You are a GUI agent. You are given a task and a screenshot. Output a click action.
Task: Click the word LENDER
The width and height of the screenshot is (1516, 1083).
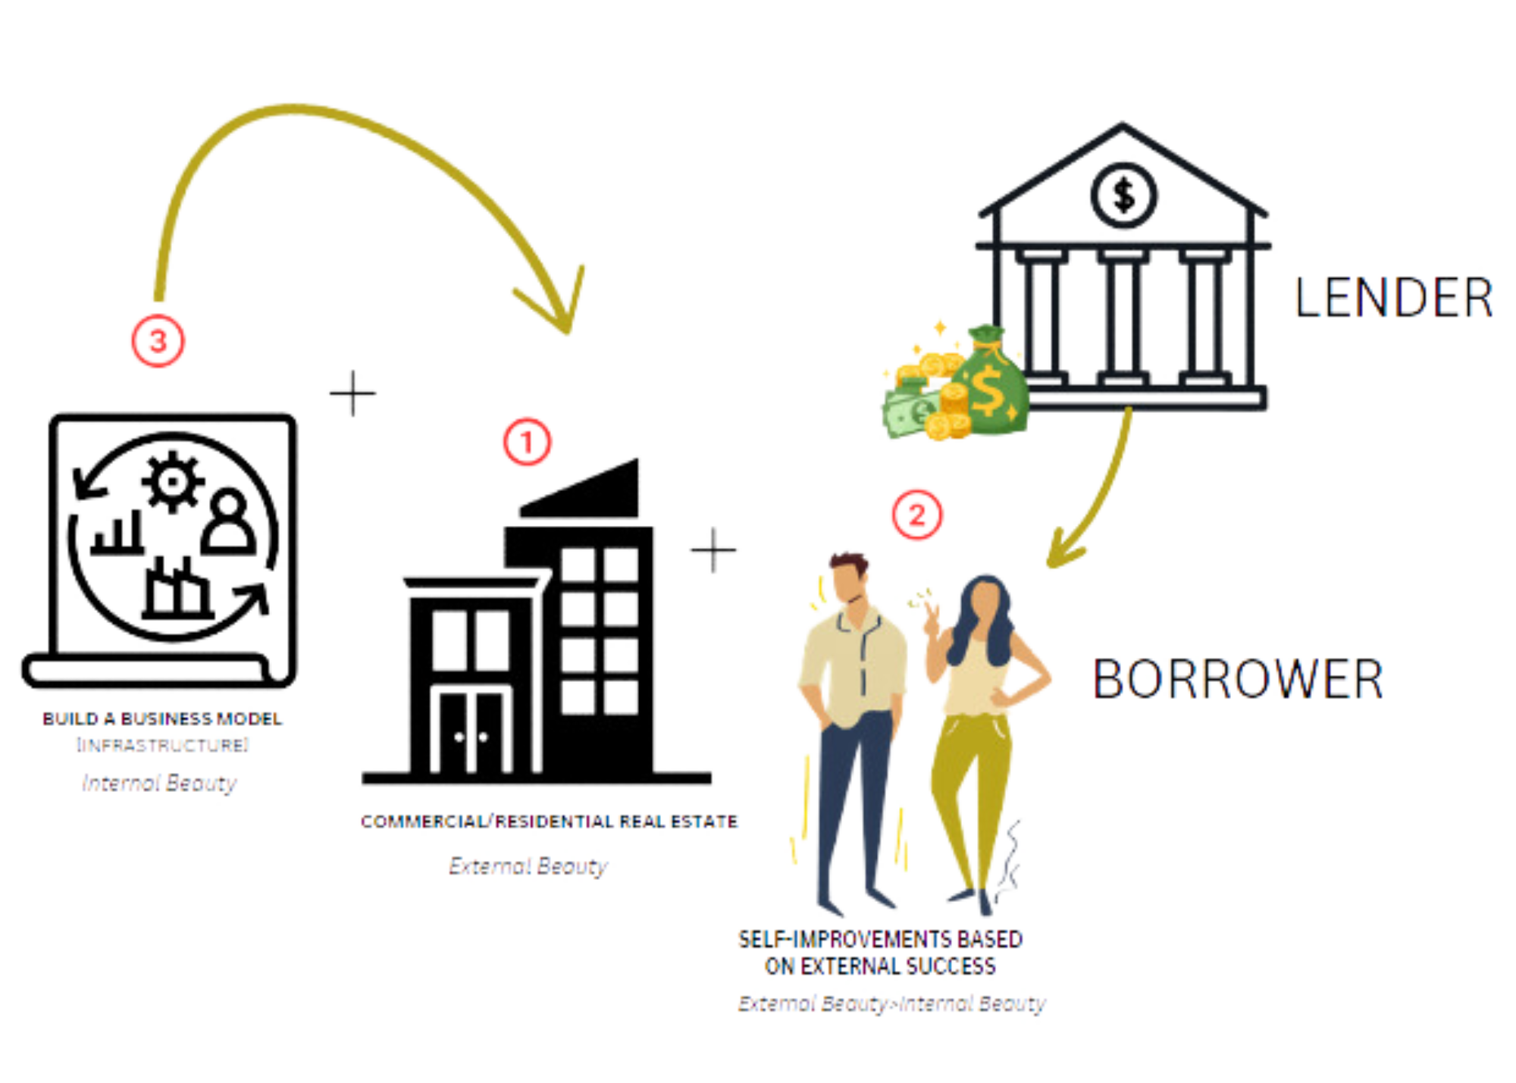pos(1393,297)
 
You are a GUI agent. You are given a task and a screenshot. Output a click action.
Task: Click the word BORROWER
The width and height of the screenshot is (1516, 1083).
pos(1237,679)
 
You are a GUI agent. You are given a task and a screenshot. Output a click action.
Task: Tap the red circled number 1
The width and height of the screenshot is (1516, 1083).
pos(528,443)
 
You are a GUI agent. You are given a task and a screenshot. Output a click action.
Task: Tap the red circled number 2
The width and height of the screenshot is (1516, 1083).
pos(916,515)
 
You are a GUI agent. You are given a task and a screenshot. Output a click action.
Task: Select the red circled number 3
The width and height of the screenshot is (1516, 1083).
pos(158,342)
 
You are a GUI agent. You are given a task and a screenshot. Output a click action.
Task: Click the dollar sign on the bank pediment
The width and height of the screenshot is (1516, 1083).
pos(1123,195)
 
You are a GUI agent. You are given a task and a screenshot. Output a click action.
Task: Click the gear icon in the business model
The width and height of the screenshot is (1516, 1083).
pos(173,479)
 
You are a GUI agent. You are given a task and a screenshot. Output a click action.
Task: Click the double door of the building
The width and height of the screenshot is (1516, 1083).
pos(472,731)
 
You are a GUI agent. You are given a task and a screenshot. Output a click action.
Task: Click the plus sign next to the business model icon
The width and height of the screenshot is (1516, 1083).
pos(353,393)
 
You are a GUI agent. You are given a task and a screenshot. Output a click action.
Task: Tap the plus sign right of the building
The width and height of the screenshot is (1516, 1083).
pos(713,549)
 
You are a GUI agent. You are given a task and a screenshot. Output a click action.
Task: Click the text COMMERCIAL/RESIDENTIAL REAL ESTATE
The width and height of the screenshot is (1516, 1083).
pos(549,822)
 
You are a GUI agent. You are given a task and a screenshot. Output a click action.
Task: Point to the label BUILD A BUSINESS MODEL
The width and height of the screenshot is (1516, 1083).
pos(161,718)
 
